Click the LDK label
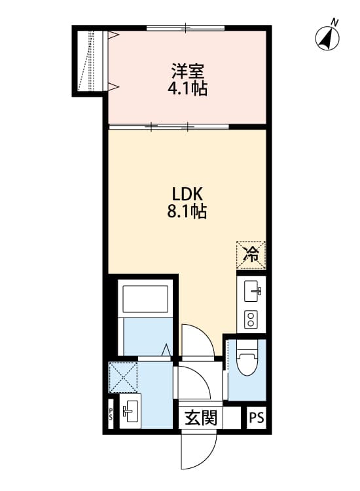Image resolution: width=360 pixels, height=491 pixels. pyautogui.click(x=189, y=194)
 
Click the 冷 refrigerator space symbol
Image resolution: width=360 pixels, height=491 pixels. pyautogui.click(x=251, y=255)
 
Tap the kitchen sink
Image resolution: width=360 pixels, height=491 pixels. pyautogui.click(x=252, y=290)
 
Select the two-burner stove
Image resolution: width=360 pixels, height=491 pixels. pyautogui.click(x=251, y=319)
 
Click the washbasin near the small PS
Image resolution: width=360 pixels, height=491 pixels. pyautogui.click(x=130, y=412)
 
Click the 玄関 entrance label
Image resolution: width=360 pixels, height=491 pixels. pyautogui.click(x=200, y=418)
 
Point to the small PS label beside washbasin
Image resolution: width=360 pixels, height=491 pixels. pyautogui.click(x=111, y=414)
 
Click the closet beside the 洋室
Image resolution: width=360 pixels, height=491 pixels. pyautogui.click(x=91, y=60)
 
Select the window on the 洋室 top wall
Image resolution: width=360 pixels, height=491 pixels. pyautogui.click(x=186, y=28)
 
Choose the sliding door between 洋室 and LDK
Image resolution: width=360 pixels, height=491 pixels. pyautogui.click(x=170, y=126)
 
